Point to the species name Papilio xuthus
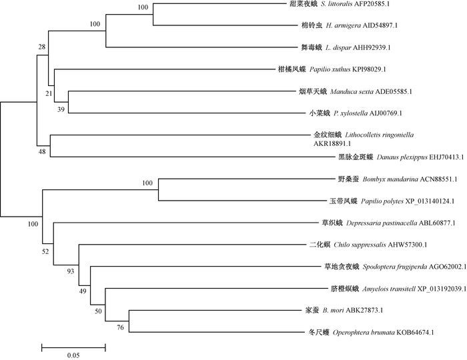tap(324, 69)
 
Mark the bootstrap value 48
tap(43, 153)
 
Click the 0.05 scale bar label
tap(73, 355)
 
